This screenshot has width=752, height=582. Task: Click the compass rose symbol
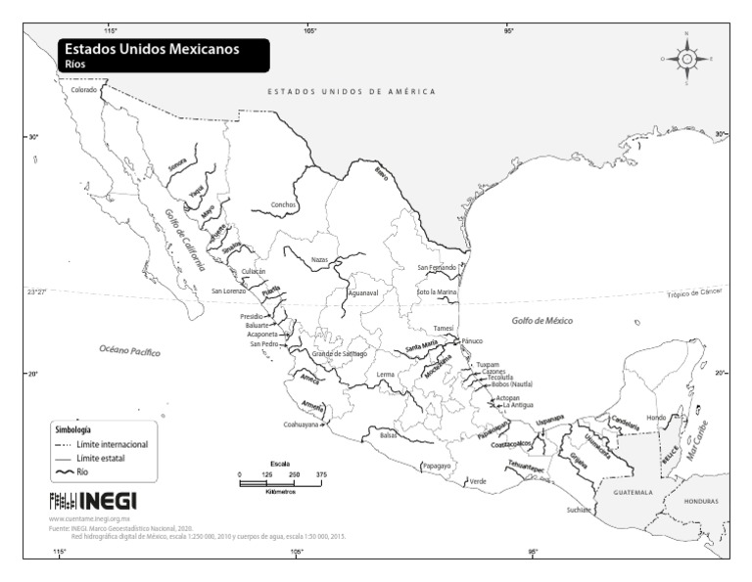click(x=686, y=59)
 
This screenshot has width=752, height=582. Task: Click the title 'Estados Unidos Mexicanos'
click(x=152, y=49)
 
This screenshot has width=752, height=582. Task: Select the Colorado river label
click(x=84, y=89)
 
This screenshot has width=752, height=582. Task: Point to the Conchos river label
click(x=283, y=205)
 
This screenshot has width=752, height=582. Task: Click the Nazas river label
click(x=319, y=259)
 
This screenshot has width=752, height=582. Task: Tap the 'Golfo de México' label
click(x=541, y=321)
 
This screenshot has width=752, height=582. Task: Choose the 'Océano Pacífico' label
click(x=129, y=349)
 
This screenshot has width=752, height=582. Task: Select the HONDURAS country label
click(x=701, y=501)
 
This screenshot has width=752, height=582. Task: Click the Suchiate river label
click(x=580, y=510)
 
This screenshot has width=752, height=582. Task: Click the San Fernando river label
click(x=437, y=267)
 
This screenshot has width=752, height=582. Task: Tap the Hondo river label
click(x=657, y=417)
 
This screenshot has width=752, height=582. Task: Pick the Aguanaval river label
click(x=362, y=292)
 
